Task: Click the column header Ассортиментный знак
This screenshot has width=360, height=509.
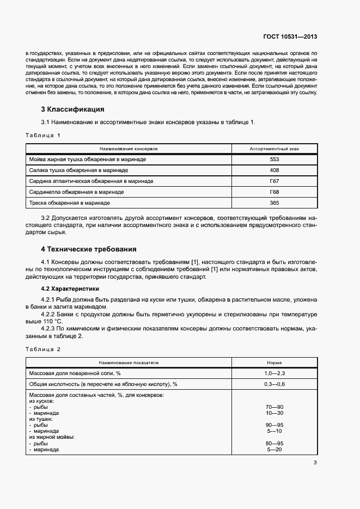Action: click(274, 148)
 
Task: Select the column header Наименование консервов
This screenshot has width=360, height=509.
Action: click(129, 148)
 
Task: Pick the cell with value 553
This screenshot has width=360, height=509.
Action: click(274, 159)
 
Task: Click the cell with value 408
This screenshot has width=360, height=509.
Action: click(274, 170)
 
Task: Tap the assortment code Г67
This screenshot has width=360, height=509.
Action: click(274, 181)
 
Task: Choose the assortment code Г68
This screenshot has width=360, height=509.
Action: click(274, 192)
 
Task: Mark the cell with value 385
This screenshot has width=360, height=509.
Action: click(274, 203)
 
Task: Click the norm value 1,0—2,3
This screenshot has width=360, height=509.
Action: click(274, 373)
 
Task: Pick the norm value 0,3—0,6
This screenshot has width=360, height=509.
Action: click(274, 384)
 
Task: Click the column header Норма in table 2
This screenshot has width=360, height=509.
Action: click(274, 362)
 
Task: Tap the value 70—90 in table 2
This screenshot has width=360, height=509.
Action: click(275, 407)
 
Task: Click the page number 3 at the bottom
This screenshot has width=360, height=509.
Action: click(315, 463)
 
